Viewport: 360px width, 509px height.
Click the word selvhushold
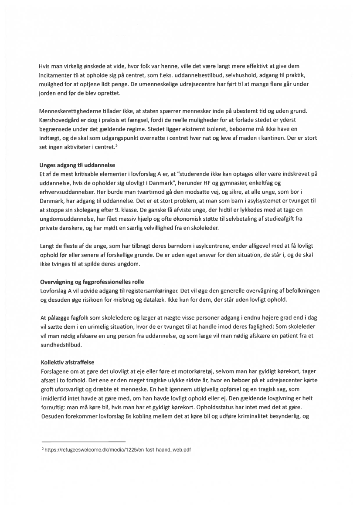tap(236, 74)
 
